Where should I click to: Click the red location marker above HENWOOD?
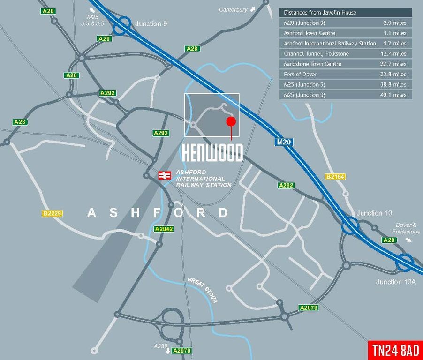pos(230,122)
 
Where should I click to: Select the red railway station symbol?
pos(165,175)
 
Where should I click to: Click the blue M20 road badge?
pos(284,142)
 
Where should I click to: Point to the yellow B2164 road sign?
pos(335,177)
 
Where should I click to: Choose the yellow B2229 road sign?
pos(52,213)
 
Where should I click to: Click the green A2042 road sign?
pos(164,229)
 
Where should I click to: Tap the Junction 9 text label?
pos(151,23)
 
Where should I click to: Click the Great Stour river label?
pos(203,290)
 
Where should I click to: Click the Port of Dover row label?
pos(300,74)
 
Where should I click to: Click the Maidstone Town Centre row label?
pos(312,64)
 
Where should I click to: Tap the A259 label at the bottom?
pos(160,346)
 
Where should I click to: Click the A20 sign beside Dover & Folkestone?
pos(389,240)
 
